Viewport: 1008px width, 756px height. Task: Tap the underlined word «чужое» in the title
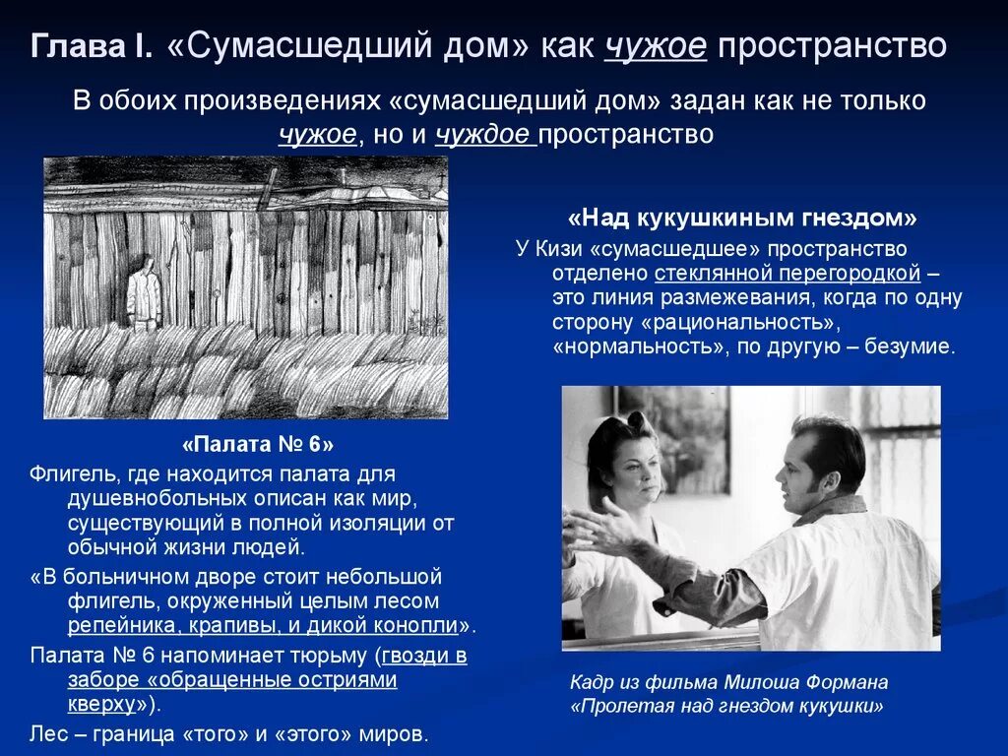656,47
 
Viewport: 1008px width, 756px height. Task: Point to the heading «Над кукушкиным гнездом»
743,218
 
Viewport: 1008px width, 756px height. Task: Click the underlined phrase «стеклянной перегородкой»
784,273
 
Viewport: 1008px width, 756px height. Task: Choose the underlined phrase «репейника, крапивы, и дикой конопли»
264,625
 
